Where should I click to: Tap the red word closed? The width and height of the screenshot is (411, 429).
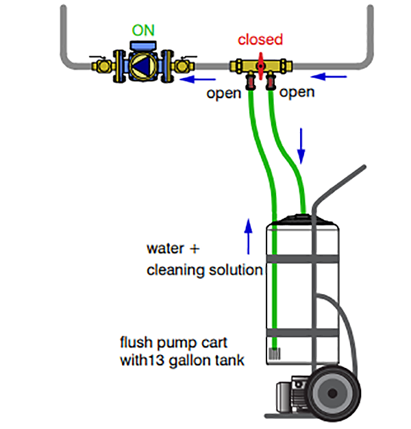pos(260,40)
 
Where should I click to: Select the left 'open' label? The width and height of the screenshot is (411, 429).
pos(224,93)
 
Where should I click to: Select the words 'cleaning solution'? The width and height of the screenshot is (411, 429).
pos(204,270)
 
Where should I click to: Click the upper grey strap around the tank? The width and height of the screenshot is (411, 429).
pos(301,258)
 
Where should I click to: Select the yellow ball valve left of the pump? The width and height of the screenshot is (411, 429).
pos(103,66)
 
